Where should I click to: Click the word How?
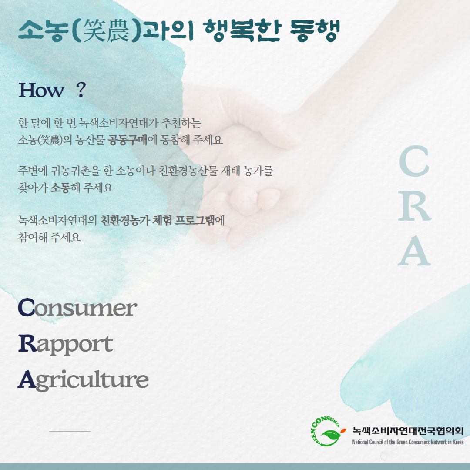point(42,90)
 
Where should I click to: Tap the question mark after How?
point(81,90)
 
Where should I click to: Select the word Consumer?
point(77,308)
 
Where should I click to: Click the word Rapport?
point(66,345)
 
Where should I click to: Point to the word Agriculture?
point(83,380)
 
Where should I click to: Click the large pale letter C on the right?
point(414,161)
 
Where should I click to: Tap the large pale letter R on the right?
point(415,206)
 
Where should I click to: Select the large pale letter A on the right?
point(414,251)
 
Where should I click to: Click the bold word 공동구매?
point(128,140)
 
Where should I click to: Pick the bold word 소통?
point(60,188)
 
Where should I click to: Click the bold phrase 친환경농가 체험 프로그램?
point(158,221)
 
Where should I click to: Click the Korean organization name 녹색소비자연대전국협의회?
point(408,431)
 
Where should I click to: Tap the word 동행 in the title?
point(315,30)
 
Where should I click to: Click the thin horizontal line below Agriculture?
point(70,432)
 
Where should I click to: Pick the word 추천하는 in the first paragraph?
point(181,123)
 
